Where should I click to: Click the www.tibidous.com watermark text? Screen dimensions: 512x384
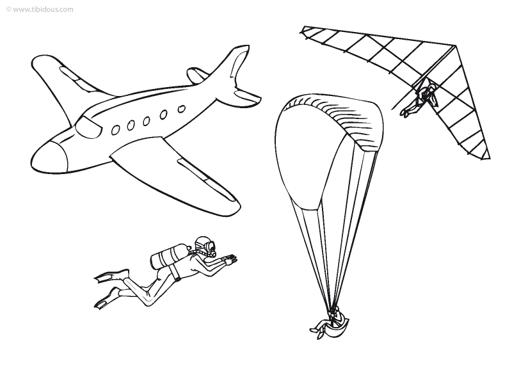(40, 10)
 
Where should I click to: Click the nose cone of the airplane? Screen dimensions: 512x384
(49, 156)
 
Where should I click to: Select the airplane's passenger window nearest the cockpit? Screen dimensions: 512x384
(115, 131)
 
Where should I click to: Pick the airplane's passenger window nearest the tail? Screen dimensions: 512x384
(181, 109)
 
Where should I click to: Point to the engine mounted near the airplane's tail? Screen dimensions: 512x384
(196, 76)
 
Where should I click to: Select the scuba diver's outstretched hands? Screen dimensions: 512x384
(230, 259)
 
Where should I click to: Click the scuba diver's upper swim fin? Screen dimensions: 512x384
(111, 275)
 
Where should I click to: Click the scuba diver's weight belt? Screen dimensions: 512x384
(177, 271)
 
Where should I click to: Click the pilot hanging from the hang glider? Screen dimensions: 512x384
(420, 98)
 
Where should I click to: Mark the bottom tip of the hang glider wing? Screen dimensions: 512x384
(490, 158)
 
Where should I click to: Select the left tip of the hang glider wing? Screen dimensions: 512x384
(302, 30)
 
